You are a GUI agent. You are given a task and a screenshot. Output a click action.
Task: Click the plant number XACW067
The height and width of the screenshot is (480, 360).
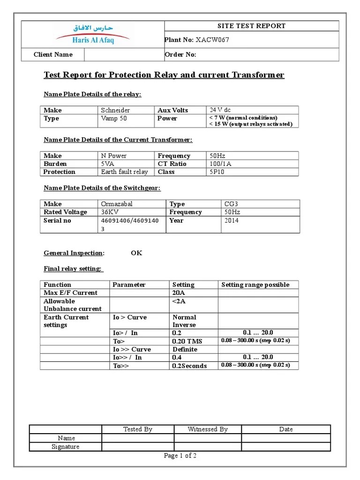pos(212,40)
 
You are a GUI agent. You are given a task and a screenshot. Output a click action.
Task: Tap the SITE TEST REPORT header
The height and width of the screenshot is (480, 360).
pos(251,26)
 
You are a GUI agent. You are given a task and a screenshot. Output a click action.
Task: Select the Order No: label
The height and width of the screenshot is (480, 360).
pos(180,55)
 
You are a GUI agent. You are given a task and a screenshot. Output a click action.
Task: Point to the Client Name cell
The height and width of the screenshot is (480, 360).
pos(53,55)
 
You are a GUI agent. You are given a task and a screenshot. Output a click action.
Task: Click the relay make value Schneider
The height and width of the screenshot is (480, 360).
pos(115,110)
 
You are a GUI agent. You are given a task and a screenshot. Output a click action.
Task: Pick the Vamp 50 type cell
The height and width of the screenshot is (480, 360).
pos(114,119)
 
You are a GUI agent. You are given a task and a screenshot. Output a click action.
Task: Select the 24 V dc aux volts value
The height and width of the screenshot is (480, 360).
pos(220,110)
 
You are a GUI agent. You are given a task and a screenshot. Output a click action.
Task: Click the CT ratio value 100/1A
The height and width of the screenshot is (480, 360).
pos(221,164)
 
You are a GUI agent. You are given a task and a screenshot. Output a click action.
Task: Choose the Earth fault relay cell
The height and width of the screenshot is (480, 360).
pos(124,172)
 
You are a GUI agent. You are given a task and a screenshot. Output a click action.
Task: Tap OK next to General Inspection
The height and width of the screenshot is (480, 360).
pos(136,253)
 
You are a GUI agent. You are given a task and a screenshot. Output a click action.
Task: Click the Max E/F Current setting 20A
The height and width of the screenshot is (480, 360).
pos(179,293)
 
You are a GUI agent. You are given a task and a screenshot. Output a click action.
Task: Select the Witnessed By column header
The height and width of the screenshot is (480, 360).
pos(207,429)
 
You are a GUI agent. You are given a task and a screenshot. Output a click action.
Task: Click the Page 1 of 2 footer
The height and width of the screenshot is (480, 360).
pos(180,456)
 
